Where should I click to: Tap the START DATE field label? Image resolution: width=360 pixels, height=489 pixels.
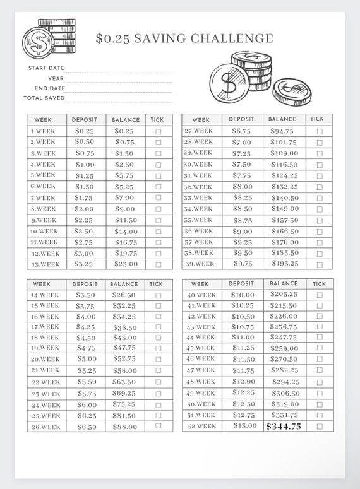(x=46, y=68)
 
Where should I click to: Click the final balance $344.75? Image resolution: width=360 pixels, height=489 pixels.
(x=284, y=427)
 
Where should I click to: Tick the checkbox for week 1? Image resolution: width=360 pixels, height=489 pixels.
(x=158, y=131)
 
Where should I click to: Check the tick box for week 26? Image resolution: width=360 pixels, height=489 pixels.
(x=158, y=427)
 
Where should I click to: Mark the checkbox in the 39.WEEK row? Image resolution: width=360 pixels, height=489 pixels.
(x=320, y=264)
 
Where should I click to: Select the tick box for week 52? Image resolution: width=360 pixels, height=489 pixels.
(x=320, y=427)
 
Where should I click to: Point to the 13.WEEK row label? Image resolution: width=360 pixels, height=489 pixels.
(x=45, y=264)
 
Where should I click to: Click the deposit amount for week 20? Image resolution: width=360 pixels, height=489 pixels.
(x=87, y=359)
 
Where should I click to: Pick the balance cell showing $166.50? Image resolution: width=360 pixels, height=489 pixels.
(x=284, y=231)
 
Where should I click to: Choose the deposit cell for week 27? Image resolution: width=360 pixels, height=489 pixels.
(x=241, y=131)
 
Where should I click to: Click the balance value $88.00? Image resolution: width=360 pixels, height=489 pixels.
(x=124, y=427)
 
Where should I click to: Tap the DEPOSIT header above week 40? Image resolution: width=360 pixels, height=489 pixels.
(x=241, y=284)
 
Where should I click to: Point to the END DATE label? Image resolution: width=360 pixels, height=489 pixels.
(x=49, y=88)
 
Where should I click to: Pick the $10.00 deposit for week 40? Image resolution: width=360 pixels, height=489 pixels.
(x=243, y=295)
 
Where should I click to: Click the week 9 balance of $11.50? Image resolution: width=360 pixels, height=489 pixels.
(x=125, y=220)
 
